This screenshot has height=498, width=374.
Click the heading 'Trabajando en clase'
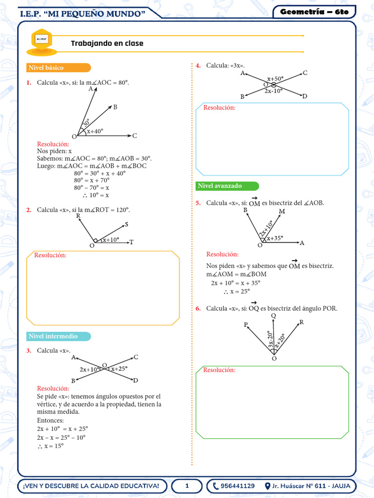click(x=107, y=43)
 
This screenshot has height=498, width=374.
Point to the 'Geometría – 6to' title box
click(x=315, y=12)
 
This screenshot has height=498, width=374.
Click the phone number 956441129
click(x=237, y=486)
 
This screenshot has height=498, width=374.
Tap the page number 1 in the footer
click(x=187, y=486)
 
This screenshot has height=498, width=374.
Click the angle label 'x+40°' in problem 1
click(x=95, y=131)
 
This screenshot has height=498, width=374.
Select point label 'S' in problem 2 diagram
click(x=127, y=225)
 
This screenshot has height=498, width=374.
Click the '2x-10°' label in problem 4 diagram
click(x=274, y=90)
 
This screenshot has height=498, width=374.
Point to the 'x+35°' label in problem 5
click(x=275, y=238)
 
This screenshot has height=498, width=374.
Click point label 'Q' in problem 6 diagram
click(x=273, y=316)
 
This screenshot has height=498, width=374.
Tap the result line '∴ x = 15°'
click(x=50, y=445)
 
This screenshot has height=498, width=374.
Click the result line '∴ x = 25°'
click(x=236, y=291)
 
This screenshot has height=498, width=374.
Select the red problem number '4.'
click(x=198, y=65)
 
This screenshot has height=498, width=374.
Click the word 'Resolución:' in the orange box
click(x=50, y=255)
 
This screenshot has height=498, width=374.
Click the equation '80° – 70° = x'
click(x=91, y=187)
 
